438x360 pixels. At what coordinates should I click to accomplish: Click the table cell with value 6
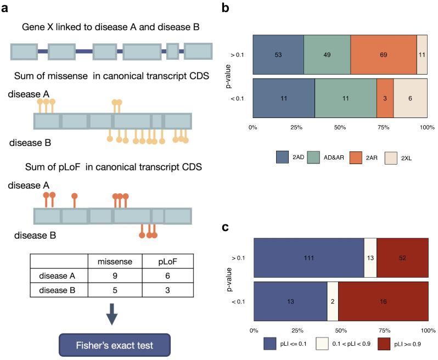(x=166, y=275)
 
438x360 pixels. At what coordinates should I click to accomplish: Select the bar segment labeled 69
(x=383, y=55)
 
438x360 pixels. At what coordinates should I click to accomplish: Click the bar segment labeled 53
(x=278, y=55)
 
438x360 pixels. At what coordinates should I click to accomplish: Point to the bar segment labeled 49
(x=327, y=55)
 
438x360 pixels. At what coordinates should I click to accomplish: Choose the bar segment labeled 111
(x=308, y=257)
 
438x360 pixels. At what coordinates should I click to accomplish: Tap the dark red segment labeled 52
(x=402, y=257)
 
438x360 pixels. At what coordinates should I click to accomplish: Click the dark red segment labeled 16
(x=383, y=301)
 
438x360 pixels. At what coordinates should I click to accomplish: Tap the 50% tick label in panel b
(x=340, y=127)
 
